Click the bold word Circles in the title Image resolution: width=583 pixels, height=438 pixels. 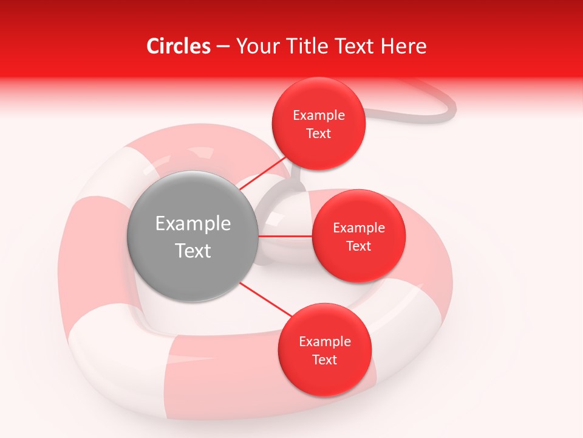pos(179,46)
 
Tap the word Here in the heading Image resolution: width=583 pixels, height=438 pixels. pos(403,46)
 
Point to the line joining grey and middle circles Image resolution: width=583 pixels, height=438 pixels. pos(285,236)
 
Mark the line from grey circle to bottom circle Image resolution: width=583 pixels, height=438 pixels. pos(265,300)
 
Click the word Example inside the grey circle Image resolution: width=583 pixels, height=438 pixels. pos(193,224)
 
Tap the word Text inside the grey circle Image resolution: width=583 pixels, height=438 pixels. pos(193,251)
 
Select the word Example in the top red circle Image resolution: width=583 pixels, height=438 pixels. pos(319,116)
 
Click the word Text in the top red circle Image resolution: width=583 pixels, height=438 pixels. pos(319,133)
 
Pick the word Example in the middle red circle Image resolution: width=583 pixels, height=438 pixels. pos(359,228)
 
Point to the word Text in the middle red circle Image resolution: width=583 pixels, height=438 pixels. pos(359,246)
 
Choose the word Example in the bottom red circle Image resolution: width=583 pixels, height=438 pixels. pos(325,342)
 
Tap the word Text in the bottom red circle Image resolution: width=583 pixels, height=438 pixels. pos(325,360)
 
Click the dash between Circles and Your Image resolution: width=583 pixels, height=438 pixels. pos(223,47)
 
